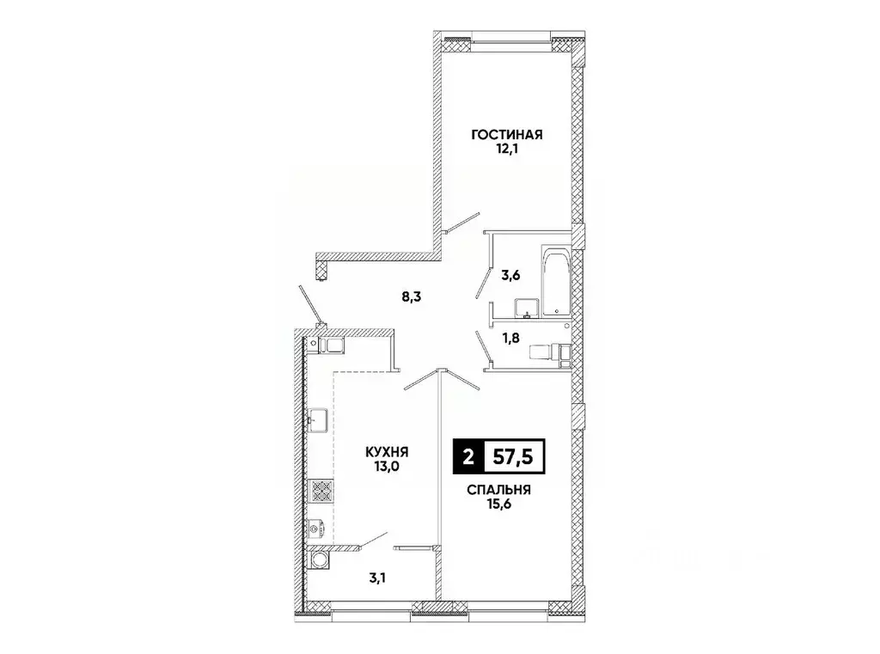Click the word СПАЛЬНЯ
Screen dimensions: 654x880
pos(498,490)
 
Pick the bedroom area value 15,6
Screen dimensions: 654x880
pos(498,505)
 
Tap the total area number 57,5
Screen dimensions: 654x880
pos(512,456)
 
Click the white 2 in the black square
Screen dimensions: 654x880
pos(467,456)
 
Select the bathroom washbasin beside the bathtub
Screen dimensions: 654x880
pos(525,308)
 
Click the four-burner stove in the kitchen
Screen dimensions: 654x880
pos(321,492)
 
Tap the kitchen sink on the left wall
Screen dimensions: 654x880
pos(321,422)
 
